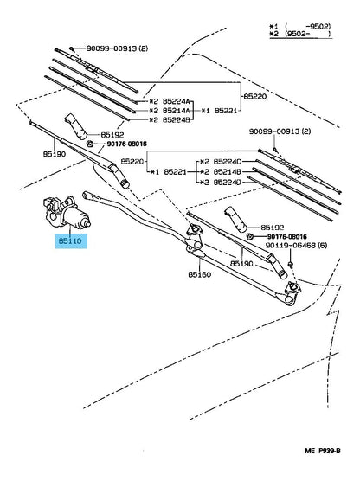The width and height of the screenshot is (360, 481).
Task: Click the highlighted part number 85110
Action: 70,241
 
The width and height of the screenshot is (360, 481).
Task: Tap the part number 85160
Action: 200,274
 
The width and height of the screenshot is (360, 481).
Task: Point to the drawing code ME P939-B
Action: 322,451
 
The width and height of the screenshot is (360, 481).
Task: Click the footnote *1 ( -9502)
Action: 299,26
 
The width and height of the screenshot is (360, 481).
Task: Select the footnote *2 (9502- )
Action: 299,34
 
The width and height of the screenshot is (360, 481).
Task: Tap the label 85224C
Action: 227,162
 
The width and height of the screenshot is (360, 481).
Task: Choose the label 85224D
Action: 227,183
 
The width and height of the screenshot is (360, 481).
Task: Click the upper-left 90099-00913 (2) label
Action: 117,48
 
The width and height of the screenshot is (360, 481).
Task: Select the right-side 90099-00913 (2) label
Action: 280,131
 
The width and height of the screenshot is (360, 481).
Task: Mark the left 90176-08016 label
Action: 126,144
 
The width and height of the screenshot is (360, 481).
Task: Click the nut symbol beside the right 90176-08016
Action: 250,236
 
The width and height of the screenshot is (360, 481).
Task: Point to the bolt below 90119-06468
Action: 290,265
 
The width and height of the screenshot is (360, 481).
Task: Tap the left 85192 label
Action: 112,134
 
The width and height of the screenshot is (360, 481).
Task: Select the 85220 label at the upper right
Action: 255,96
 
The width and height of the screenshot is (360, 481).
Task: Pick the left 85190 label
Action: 55,154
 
